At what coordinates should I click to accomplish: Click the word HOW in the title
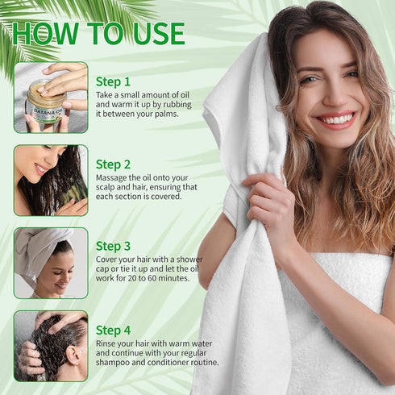45,34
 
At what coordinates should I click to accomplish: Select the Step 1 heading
113,82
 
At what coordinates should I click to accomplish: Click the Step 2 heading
113,164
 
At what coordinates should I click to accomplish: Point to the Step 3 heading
113,247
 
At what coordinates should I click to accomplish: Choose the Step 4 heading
113,331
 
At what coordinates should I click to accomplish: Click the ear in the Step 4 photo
73,355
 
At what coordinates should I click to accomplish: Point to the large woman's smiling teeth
337,118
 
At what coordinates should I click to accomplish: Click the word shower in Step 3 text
189,260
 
